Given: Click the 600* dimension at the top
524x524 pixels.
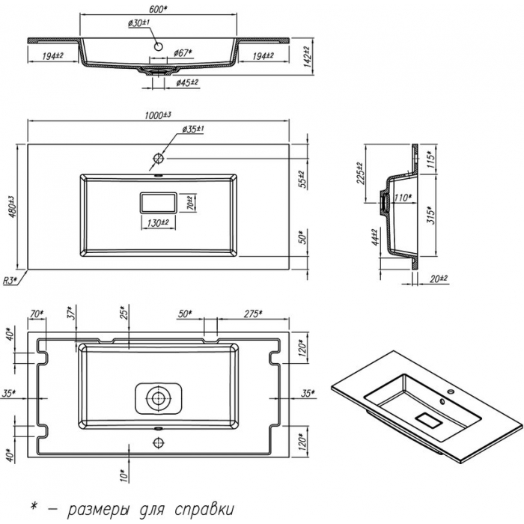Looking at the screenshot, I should (x=158, y=8).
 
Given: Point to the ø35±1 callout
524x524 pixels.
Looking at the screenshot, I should (x=193, y=130).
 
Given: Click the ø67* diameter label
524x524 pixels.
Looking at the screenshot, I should (x=183, y=52).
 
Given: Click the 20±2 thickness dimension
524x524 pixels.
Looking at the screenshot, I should (x=439, y=278).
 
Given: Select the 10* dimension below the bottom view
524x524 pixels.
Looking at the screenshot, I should (x=123, y=473).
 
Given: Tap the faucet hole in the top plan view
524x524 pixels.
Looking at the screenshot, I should (x=159, y=158).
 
